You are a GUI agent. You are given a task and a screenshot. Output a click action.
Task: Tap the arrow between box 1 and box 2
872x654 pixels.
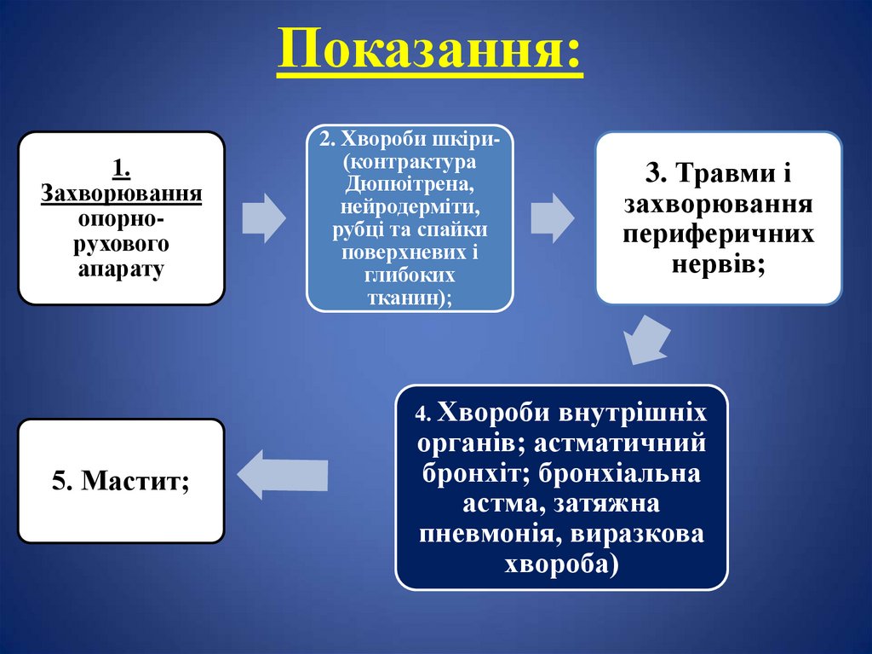tap(263, 217)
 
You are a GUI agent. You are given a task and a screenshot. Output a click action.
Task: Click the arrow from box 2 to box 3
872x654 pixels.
tap(553, 217)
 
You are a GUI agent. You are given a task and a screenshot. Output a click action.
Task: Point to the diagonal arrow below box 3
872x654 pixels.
tap(645, 338)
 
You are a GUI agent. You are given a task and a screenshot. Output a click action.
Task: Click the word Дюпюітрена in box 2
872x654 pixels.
tap(410, 184)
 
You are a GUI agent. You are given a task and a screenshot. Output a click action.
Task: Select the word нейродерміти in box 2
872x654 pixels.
tap(410, 207)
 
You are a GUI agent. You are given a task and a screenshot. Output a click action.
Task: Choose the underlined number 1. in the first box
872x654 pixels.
tap(121, 167)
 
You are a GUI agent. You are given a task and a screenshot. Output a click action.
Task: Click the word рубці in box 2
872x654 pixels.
tap(353, 230)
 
